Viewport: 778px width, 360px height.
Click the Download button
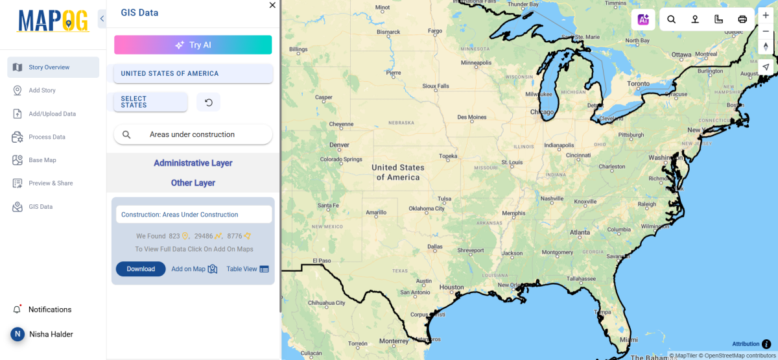coord(141,269)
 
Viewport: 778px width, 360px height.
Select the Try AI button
coord(193,45)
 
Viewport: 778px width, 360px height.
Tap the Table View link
coord(247,269)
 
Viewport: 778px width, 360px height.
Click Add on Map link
coord(194,269)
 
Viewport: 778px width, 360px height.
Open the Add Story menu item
coord(42,90)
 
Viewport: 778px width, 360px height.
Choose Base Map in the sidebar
coord(42,160)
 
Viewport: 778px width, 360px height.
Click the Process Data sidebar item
coord(47,137)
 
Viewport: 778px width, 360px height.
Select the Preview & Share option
coord(51,184)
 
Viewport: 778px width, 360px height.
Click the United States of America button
coord(193,73)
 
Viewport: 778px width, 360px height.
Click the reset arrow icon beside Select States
coord(209,102)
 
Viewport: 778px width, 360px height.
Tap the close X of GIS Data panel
coord(272,5)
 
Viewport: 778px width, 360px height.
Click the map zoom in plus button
coord(766,15)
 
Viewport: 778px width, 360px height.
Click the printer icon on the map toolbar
coord(742,19)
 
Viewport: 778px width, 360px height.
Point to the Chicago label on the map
coord(542,112)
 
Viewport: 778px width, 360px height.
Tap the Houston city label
coord(451,287)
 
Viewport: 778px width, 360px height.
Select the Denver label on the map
coord(339,145)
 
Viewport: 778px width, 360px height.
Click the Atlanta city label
coord(580,232)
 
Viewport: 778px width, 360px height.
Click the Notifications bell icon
coord(17,309)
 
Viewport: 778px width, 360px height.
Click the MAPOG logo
coord(53,21)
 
